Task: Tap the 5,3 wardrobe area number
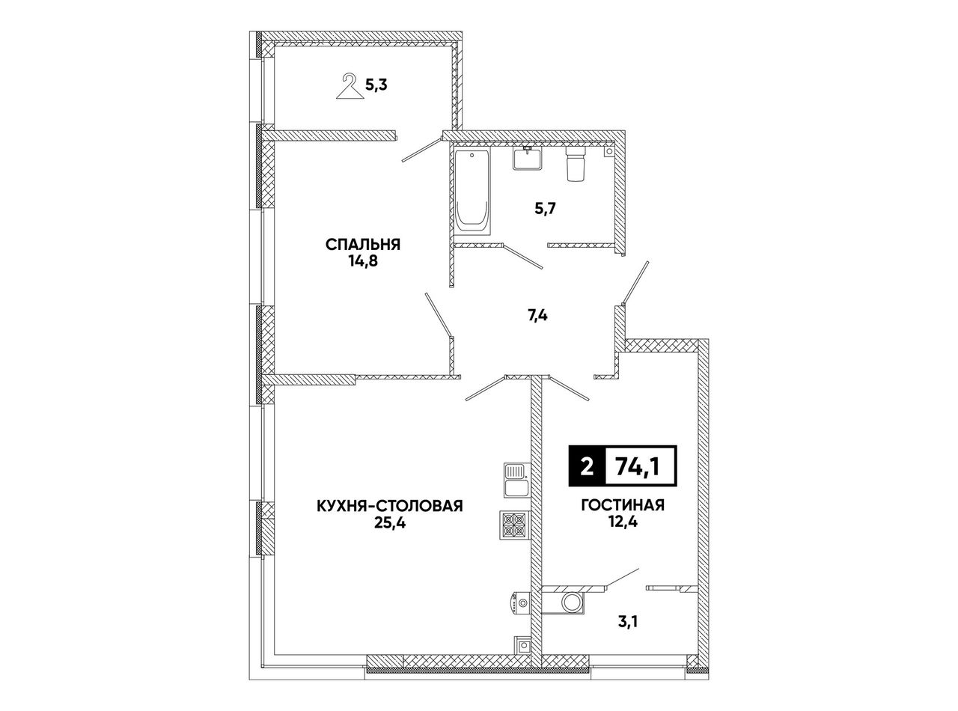[x=376, y=85]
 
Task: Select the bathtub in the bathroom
[x=472, y=192]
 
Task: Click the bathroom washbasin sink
[x=527, y=158]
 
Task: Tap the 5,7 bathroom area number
[x=545, y=210]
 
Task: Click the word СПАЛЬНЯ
[x=363, y=245]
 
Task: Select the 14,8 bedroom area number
[x=363, y=262]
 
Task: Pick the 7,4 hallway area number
[x=537, y=316]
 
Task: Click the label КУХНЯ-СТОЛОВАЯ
[x=390, y=505]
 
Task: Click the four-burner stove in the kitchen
[x=514, y=525]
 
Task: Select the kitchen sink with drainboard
[x=516, y=480]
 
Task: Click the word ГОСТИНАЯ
[x=623, y=504]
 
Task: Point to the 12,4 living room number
[x=623, y=522]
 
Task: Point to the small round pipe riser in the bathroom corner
[x=609, y=152]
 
